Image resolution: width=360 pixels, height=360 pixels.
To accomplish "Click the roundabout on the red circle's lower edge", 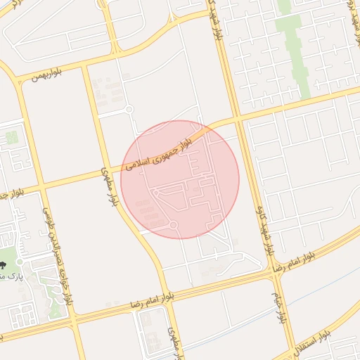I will pos(173,225).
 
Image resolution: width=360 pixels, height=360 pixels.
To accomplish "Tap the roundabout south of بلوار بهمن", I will pos(129,109).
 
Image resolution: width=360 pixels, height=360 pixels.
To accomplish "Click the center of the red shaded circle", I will pos(180,180).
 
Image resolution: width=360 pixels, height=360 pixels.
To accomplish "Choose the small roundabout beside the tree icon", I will pos(20,262).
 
